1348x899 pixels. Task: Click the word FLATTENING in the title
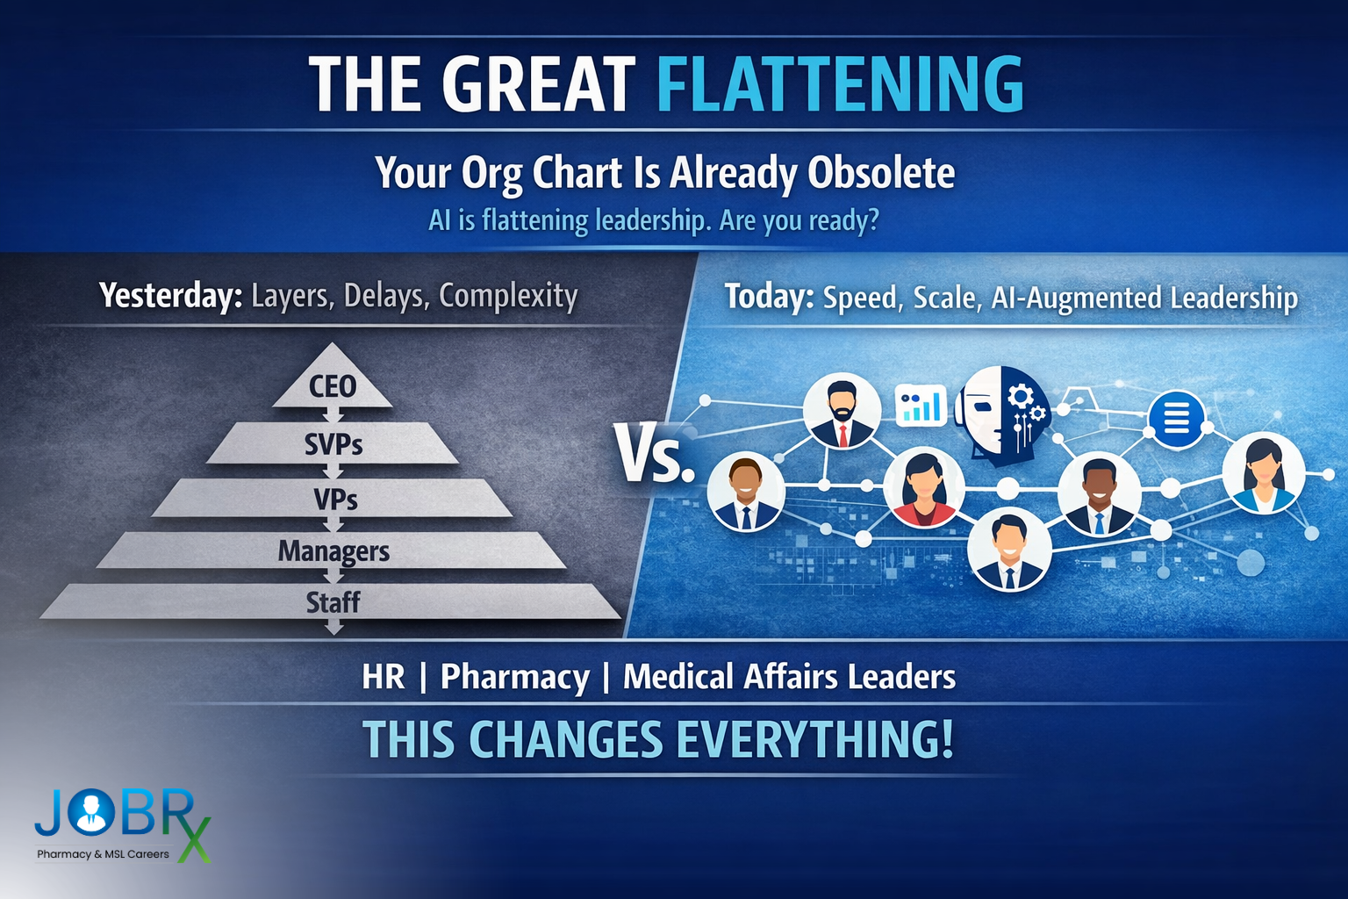840,84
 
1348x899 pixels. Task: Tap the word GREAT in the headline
538,84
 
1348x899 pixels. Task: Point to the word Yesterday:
170,296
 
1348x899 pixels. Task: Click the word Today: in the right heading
769,297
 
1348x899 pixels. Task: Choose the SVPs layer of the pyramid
333,445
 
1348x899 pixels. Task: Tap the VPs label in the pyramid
335,500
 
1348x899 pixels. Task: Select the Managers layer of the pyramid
333,551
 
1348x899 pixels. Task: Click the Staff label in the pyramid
333,602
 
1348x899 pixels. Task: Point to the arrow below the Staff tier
333,627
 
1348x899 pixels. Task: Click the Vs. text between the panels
654,456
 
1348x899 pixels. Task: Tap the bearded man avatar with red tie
842,410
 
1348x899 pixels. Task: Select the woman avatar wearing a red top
923,487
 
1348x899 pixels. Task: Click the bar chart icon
921,406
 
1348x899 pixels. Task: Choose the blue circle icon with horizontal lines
1176,420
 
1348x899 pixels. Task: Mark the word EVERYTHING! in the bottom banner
814,739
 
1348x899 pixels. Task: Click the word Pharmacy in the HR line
514,677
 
